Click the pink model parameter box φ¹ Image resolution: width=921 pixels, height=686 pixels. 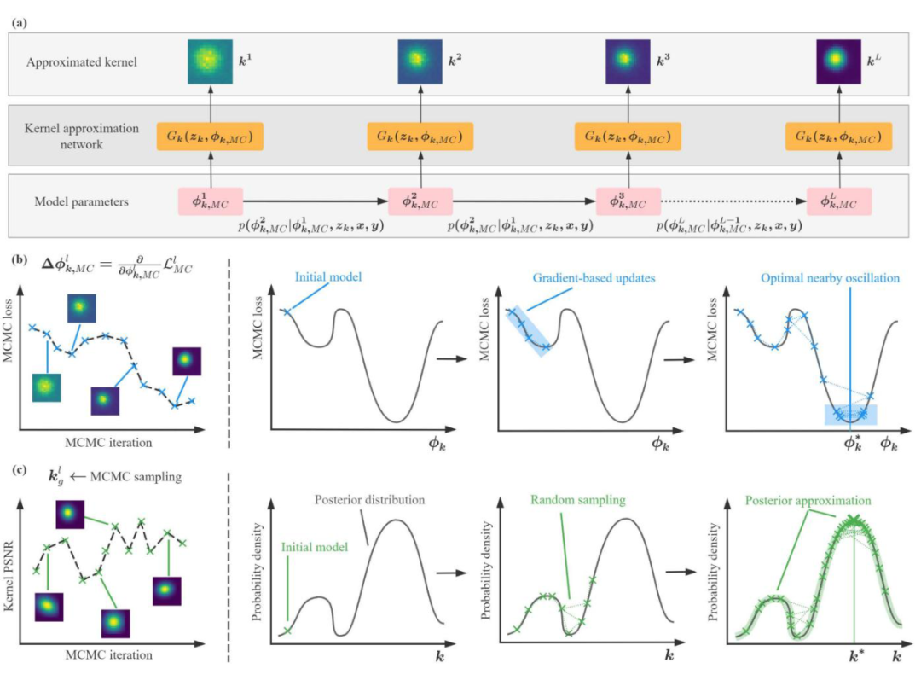click(x=210, y=201)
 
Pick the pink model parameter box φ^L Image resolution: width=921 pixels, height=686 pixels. click(x=839, y=201)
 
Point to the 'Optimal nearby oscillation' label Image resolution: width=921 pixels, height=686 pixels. click(x=820, y=279)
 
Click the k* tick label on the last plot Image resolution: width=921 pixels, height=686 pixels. click(x=854, y=659)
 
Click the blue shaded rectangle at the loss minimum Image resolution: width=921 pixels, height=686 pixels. click(x=850, y=415)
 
